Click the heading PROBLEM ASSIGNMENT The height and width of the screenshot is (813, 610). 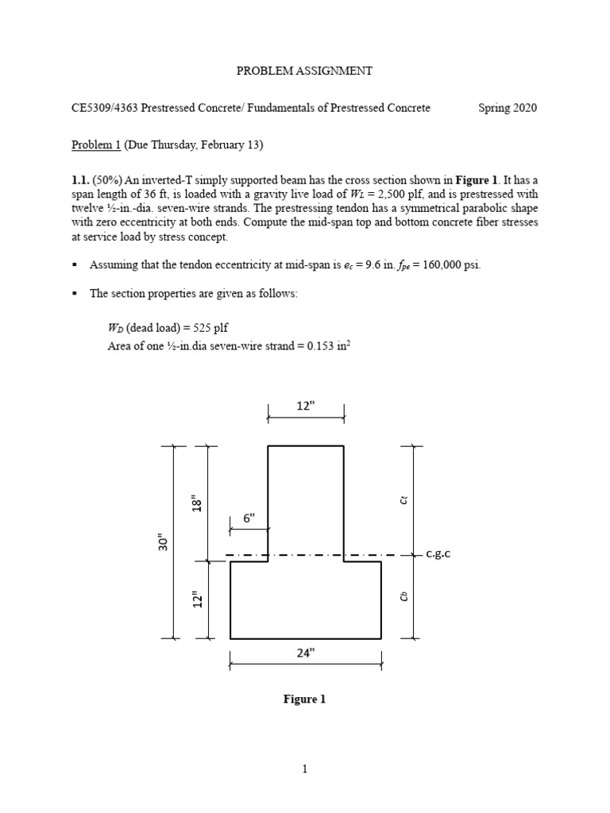[x=304, y=71]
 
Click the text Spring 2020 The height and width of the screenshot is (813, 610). [x=507, y=108]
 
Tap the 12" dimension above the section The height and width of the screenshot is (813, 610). [x=306, y=405]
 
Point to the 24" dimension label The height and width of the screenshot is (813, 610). [x=306, y=653]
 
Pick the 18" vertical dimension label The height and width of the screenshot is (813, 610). [x=198, y=504]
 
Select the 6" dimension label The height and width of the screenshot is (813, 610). [x=249, y=518]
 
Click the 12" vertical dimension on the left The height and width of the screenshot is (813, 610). [x=198, y=599]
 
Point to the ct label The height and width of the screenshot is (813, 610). [x=403, y=499]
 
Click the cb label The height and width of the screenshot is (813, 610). [x=403, y=596]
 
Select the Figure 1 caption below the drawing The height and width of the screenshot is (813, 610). [x=305, y=699]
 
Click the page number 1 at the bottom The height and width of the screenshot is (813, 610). [x=305, y=769]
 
